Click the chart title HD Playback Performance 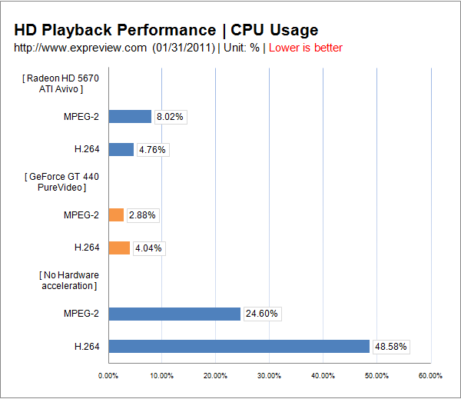point(115,30)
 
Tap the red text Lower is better point(305,48)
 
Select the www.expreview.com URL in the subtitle point(81,48)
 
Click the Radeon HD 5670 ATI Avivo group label point(61,83)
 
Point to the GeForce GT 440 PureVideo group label point(61,181)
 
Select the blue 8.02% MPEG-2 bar point(130,117)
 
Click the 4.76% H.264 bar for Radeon point(121,149)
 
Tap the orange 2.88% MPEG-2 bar point(116,215)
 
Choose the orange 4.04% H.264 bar point(119,248)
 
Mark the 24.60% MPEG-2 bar point(174,314)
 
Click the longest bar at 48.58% point(239,347)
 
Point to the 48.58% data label point(390,347)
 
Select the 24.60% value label point(261,314)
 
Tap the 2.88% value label point(142,215)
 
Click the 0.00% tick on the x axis point(108,376)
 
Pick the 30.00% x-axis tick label point(269,376)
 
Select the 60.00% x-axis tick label point(430,376)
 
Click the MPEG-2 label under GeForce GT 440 point(81,215)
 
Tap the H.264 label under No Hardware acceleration point(87,347)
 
